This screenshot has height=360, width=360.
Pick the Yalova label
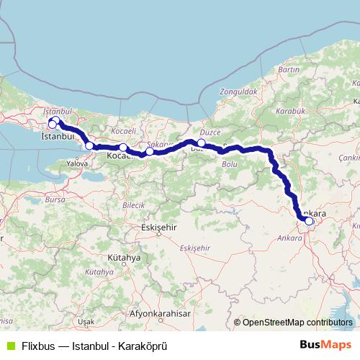[76, 163]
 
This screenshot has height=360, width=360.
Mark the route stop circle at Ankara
[309, 221]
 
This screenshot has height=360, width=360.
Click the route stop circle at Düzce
[202, 143]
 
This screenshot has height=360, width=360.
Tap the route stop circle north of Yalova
[89, 145]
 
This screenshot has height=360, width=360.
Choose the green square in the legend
[9, 344]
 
